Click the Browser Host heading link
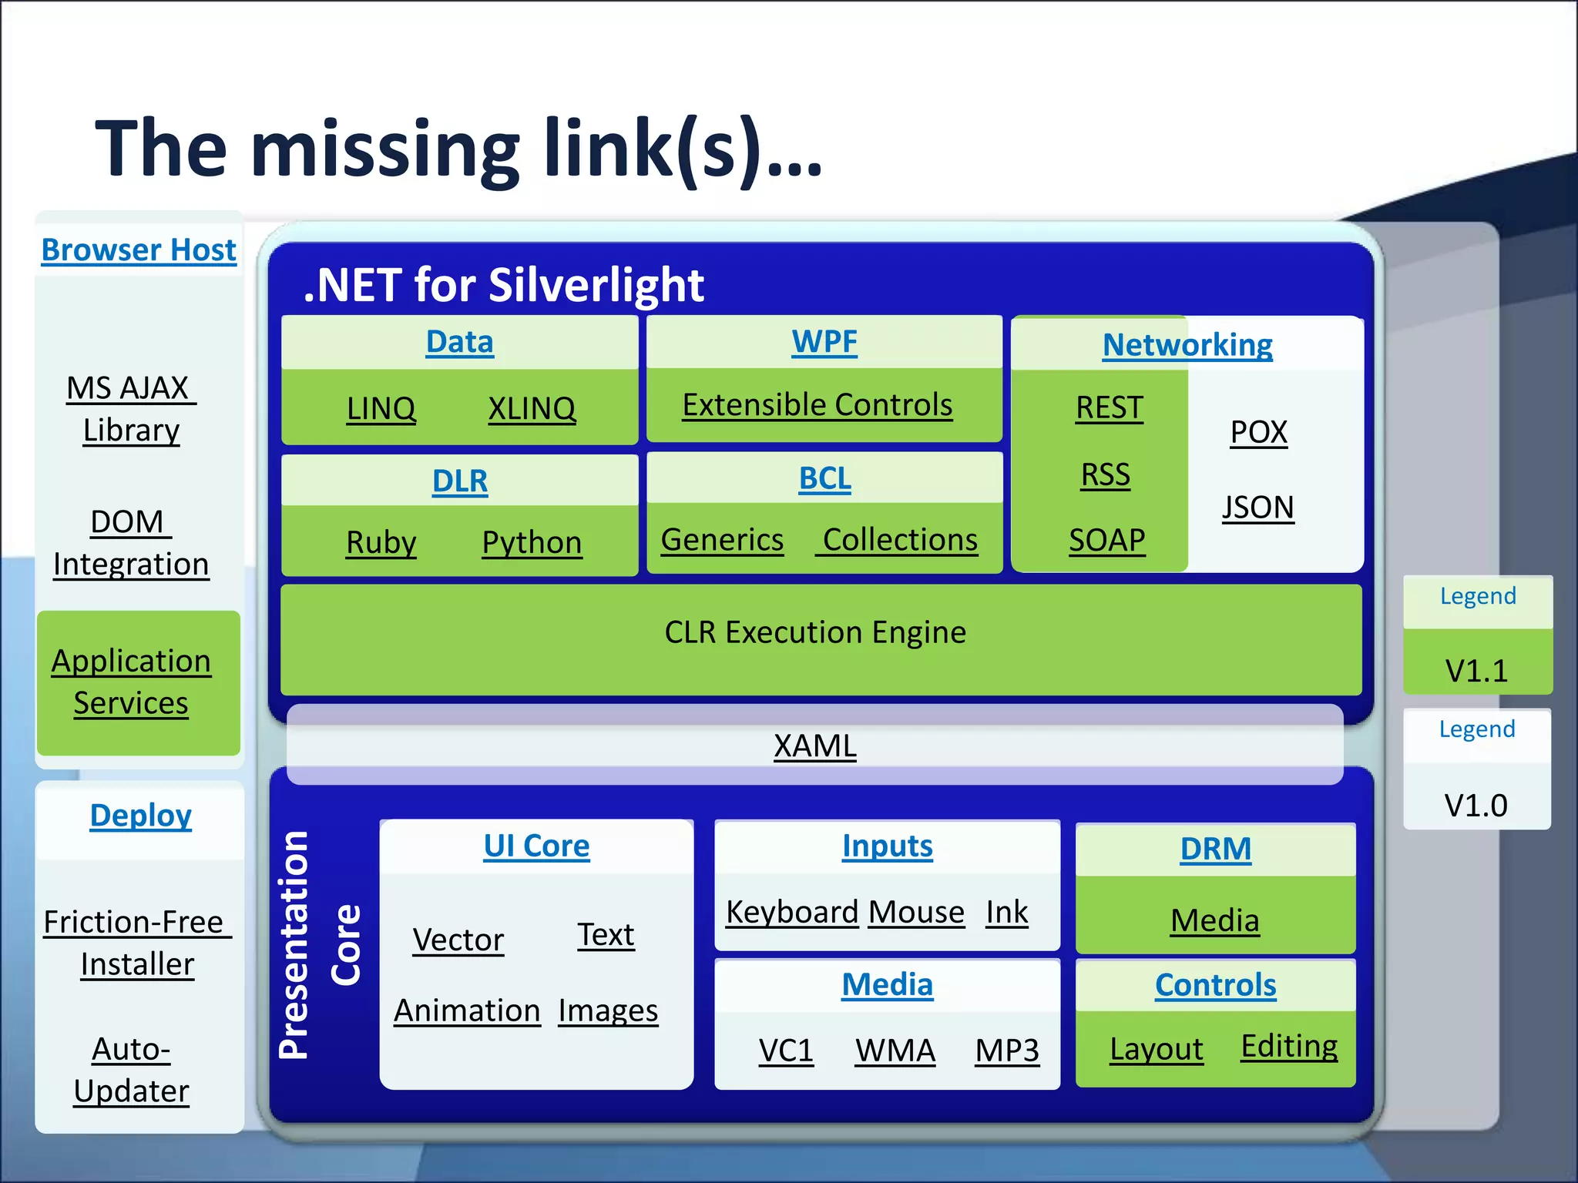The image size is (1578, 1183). click(139, 250)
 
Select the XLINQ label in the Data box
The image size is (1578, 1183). click(532, 408)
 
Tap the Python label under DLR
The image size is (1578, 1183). click(532, 542)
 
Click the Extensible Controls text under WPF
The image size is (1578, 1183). click(818, 405)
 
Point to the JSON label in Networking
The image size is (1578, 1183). click(1258, 508)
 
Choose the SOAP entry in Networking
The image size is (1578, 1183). click(1106, 540)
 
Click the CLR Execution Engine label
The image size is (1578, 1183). click(815, 632)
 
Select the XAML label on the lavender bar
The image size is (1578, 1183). click(815, 746)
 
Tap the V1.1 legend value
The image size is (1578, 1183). click(1476, 670)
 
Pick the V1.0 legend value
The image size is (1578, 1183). click(1476, 805)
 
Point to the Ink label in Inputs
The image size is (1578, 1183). click(1007, 913)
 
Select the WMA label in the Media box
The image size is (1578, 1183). click(895, 1051)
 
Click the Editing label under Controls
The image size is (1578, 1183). click(1289, 1046)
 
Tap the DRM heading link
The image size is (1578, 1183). click(1215, 849)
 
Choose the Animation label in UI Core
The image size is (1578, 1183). click(467, 1010)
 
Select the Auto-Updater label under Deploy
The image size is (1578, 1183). click(131, 1070)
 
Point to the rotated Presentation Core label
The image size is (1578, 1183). click(317, 946)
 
